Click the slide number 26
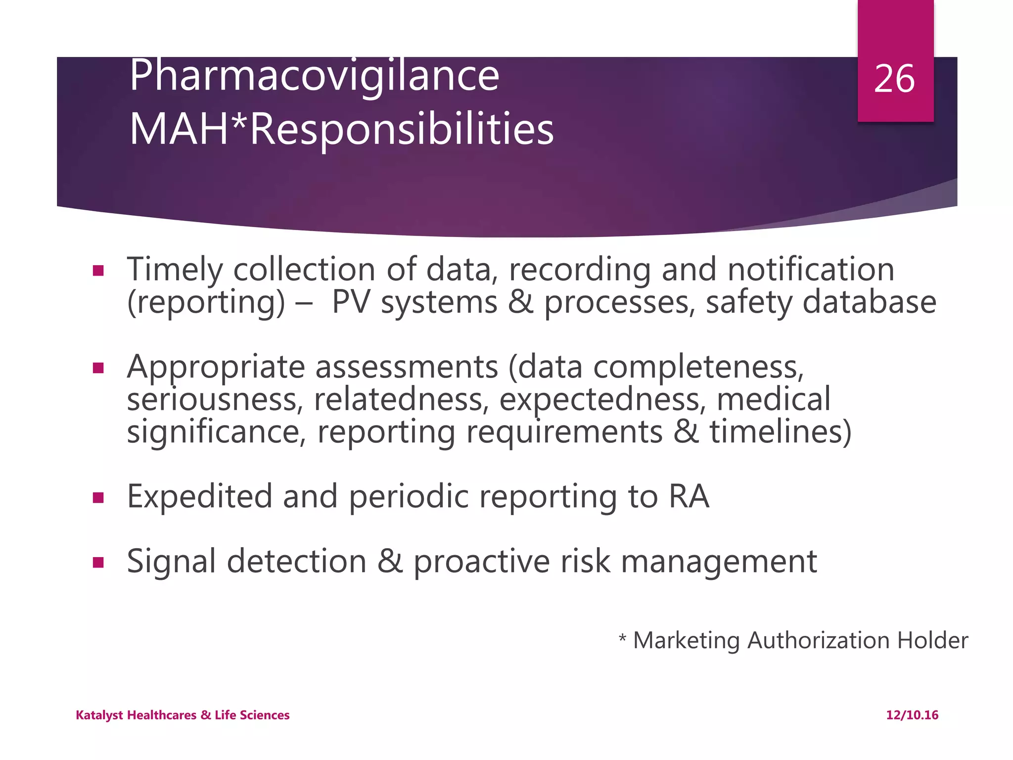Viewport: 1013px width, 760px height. (x=894, y=79)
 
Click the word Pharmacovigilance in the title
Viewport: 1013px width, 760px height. (x=315, y=77)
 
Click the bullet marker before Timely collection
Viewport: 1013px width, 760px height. (x=98, y=271)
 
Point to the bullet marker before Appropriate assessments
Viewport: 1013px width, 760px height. (x=98, y=368)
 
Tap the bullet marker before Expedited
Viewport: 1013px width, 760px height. (x=98, y=497)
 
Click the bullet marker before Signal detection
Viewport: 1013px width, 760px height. (x=98, y=562)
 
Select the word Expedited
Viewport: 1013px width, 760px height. (x=200, y=496)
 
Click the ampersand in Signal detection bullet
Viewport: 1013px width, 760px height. (x=390, y=562)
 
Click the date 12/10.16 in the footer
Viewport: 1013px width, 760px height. (x=912, y=715)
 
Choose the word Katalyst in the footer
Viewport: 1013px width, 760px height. (x=99, y=715)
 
